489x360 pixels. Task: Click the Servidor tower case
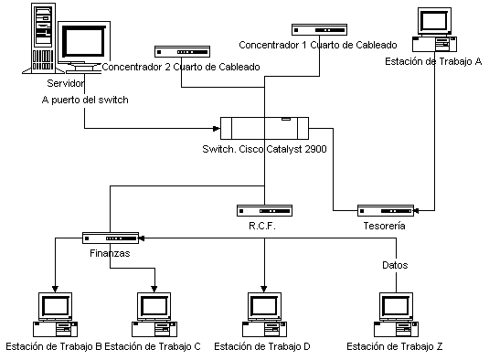click(43, 38)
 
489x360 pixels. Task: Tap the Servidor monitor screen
click(83, 41)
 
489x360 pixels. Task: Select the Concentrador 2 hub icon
click(183, 52)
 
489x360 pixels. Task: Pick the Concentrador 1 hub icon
click(319, 29)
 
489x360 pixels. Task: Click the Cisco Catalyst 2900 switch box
click(264, 128)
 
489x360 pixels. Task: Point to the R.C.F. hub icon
click(264, 210)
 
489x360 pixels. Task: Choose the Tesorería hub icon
click(386, 211)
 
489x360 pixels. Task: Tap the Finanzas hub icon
click(111, 238)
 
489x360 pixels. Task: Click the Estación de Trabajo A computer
click(434, 29)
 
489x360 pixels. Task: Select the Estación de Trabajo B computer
click(55, 314)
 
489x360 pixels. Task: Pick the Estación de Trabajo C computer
click(154, 314)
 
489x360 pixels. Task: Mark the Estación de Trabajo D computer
click(264, 314)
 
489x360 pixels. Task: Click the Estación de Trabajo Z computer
click(396, 314)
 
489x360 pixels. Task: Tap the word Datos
click(395, 265)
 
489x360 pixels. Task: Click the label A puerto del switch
click(85, 100)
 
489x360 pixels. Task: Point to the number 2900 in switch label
click(315, 149)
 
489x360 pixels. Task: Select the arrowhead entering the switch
click(217, 129)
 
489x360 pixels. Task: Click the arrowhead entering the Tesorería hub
click(416, 211)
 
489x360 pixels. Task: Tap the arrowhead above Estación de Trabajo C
click(154, 289)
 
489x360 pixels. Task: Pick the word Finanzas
click(110, 253)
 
